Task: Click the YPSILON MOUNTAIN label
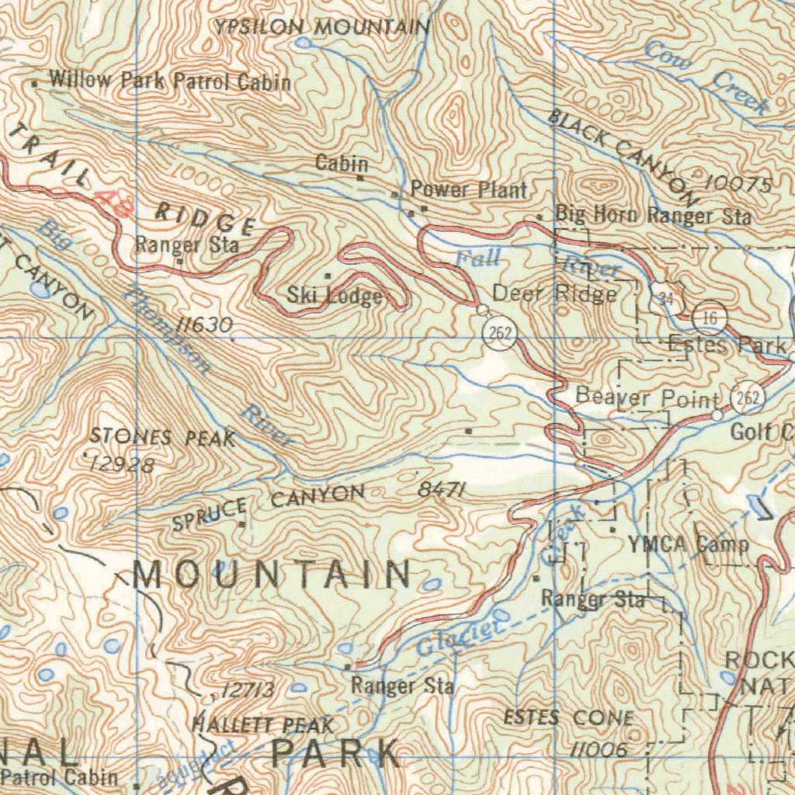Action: [x=322, y=28]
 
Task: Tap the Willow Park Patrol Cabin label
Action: [x=169, y=81]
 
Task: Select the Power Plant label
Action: [x=468, y=189]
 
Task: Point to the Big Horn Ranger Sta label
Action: [x=653, y=215]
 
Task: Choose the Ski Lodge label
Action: [x=335, y=296]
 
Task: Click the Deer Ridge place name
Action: [x=555, y=294]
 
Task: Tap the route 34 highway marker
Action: [x=665, y=298]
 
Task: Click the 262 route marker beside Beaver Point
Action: [x=748, y=398]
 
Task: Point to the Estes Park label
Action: [x=727, y=344]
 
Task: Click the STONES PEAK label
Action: [x=161, y=438]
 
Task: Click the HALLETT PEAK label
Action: [x=262, y=726]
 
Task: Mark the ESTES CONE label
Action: [x=568, y=718]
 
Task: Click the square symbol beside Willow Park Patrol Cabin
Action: [x=34, y=81]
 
